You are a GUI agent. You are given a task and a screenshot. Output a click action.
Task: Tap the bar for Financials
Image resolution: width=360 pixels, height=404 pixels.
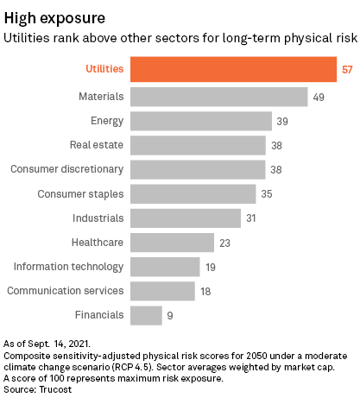[x=146, y=315]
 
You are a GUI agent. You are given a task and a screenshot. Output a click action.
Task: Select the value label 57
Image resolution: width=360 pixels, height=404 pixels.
[x=348, y=69]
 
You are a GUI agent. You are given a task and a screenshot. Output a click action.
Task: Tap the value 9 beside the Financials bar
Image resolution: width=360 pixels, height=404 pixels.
[x=170, y=316]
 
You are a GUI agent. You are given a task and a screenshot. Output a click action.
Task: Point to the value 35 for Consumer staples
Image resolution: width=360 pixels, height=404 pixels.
[x=267, y=193]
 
